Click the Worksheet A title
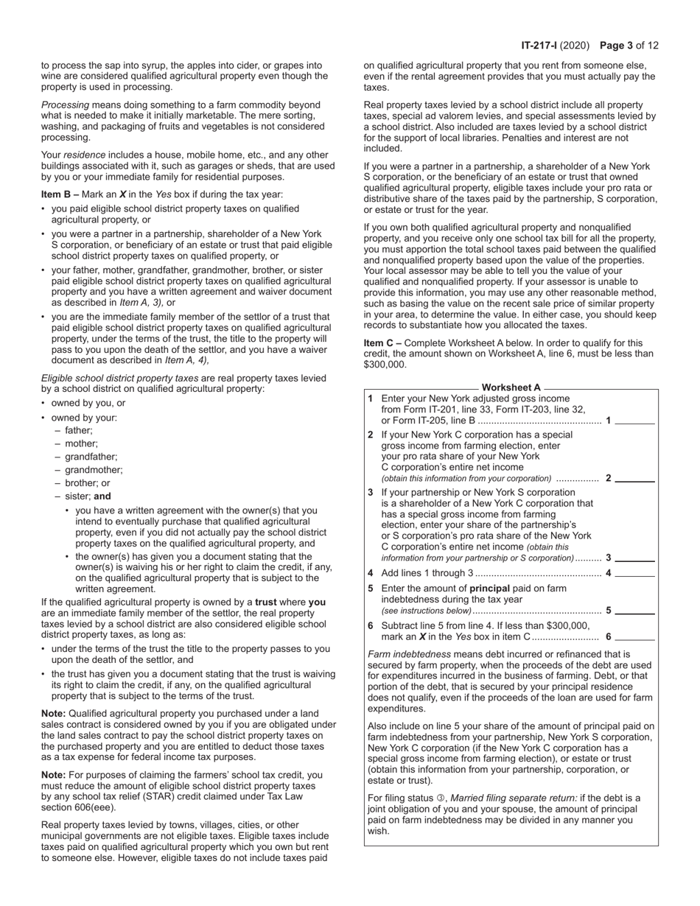pos(511,387)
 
